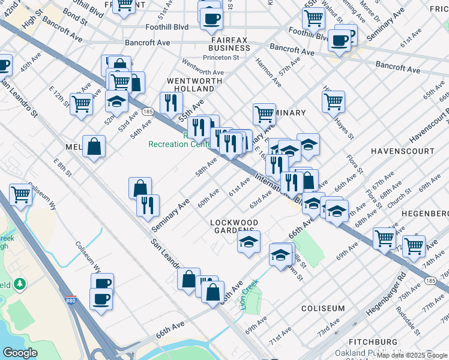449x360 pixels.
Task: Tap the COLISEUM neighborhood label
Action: coord(324,308)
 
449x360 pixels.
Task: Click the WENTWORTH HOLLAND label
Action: coord(190,84)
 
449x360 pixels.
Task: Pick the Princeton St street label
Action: coord(220,58)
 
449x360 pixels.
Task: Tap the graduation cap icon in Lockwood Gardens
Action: coord(249,242)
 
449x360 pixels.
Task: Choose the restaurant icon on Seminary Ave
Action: coord(147,206)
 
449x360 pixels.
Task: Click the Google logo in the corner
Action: coord(20,353)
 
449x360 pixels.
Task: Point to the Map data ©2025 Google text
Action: coord(411,355)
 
